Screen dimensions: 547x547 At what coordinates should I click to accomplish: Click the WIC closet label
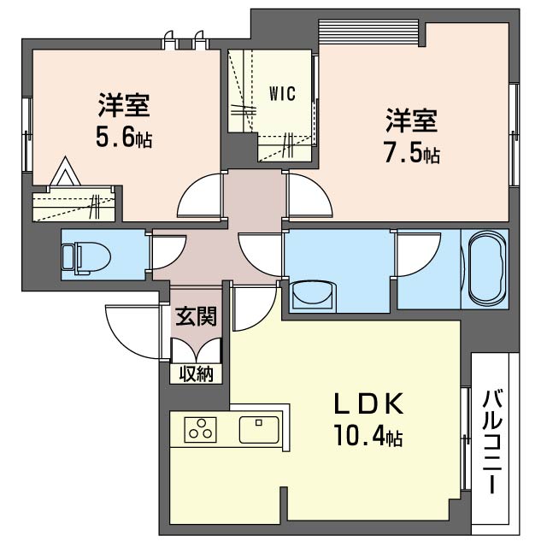coord(282,93)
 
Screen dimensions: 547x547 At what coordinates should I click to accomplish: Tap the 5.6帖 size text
coord(124,138)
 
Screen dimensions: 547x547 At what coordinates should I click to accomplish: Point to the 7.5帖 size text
coord(412,154)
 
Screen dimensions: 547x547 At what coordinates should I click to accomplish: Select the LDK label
coord(368,403)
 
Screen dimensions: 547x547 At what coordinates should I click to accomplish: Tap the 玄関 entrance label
coord(196,316)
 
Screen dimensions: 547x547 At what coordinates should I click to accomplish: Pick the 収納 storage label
coord(196,374)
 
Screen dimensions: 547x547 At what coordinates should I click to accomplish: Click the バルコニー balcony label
coord(492,442)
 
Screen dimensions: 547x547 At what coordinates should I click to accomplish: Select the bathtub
coord(486,268)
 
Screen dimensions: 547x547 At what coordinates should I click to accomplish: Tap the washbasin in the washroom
coord(313,296)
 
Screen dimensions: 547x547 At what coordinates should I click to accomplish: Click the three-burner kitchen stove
coord(200,429)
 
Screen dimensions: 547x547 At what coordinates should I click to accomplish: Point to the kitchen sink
coord(259,429)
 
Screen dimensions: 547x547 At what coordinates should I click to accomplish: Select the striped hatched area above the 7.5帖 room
coord(368,32)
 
